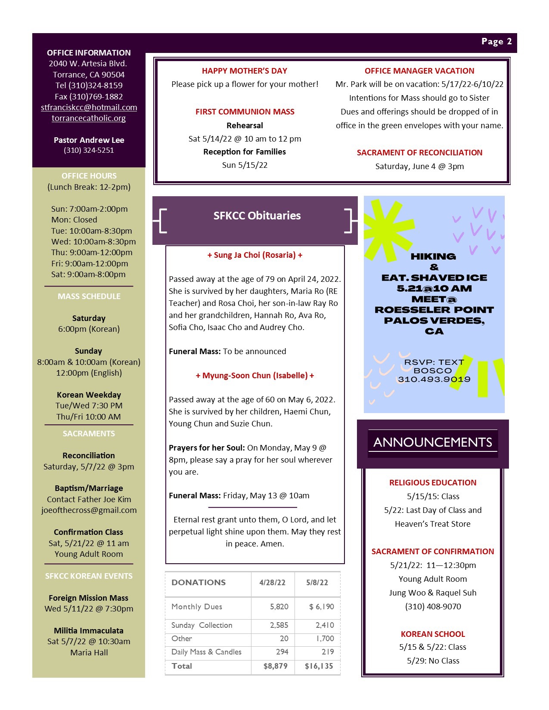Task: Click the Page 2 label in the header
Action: pyautogui.click(x=496, y=42)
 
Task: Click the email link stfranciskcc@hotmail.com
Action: pyautogui.click(x=89, y=108)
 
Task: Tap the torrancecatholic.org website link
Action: pyautogui.click(x=89, y=118)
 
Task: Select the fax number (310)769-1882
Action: pyautogui.click(x=89, y=97)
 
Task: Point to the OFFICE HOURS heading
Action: pyautogui.click(x=89, y=176)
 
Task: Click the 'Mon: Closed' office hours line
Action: pyautogui.click(x=74, y=220)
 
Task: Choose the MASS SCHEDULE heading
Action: pyautogui.click(x=89, y=296)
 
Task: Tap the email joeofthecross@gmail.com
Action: pyautogui.click(x=89, y=510)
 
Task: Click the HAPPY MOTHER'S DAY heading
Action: pyautogui.click(x=245, y=71)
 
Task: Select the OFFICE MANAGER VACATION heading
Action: pyautogui.click(x=419, y=71)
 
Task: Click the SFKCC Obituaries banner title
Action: pyautogui.click(x=257, y=216)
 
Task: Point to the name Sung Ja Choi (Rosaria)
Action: pyautogui.click(x=255, y=255)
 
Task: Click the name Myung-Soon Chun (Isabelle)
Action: pyautogui.click(x=255, y=376)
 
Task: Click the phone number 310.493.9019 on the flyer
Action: pyautogui.click(x=434, y=380)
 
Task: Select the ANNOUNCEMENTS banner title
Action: pyautogui.click(x=433, y=442)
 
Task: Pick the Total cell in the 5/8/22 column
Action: pyautogui.click(x=319, y=667)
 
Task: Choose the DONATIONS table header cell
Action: pyautogui.click(x=199, y=583)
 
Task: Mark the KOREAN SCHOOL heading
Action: pyautogui.click(x=433, y=634)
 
